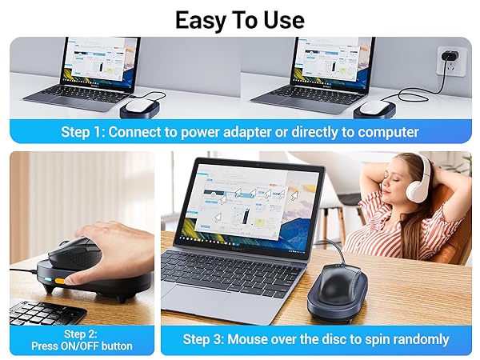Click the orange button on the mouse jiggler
tap(60, 281)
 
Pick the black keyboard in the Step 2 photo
tap(44, 312)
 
